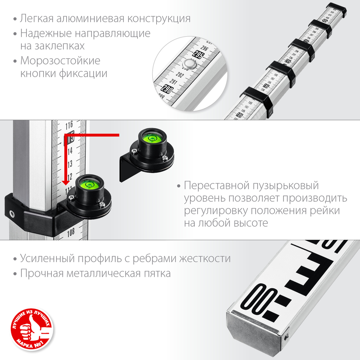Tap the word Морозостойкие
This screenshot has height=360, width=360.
pyautogui.click(x=60, y=60)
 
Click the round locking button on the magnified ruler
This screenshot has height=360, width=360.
pyautogui.click(x=189, y=65)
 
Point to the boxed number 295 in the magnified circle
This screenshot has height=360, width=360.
pyautogui.click(x=198, y=55)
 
